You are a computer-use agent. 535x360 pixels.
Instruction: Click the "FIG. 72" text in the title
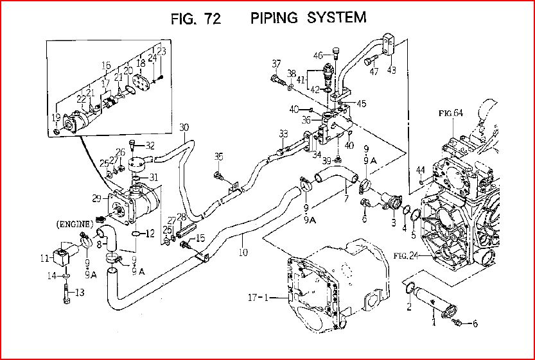(196, 19)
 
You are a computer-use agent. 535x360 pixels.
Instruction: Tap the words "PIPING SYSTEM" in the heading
(308, 17)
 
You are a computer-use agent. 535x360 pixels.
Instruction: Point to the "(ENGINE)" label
(75, 224)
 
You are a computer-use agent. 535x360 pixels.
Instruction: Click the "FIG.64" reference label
(451, 114)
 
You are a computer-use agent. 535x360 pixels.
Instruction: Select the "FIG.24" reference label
(406, 255)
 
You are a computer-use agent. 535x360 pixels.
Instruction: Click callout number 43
(391, 70)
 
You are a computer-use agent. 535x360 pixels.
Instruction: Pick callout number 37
(276, 64)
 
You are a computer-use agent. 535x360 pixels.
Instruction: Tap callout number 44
(421, 169)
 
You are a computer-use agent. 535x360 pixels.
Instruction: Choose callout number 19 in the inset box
(57, 117)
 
